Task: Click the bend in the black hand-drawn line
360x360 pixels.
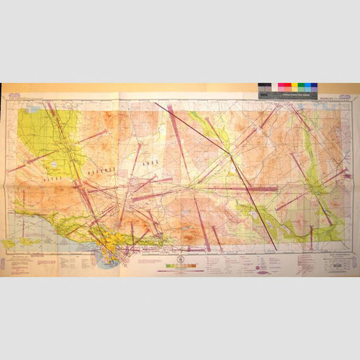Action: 230,153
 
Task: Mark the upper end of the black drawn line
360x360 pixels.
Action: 156,103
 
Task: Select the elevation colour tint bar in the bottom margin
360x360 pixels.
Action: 179,267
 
